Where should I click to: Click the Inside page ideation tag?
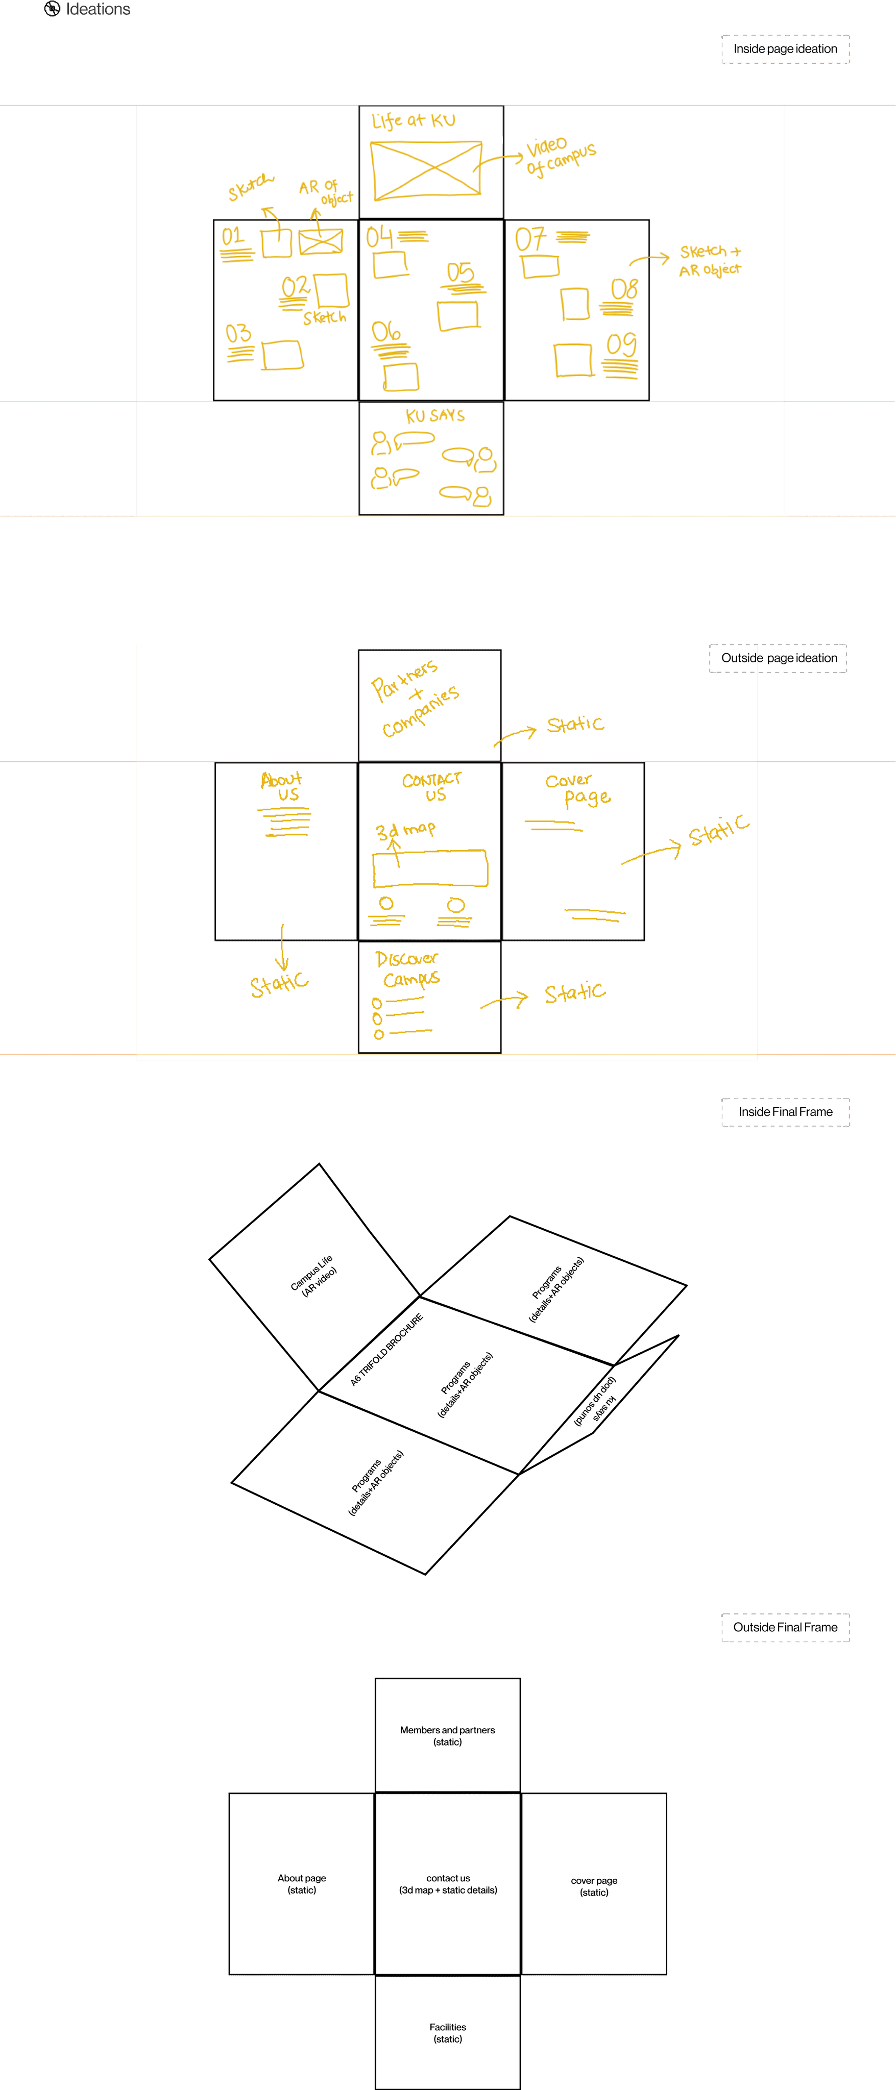coord(785,48)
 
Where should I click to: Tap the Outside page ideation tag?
coord(778,658)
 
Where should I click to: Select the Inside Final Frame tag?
coord(785,1111)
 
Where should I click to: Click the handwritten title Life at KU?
coord(413,121)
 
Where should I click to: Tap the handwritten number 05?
coord(460,272)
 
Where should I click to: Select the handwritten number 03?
coord(238,334)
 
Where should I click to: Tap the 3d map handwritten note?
coord(405,830)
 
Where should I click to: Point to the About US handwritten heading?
coord(282,786)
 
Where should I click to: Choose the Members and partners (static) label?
coord(447,1735)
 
